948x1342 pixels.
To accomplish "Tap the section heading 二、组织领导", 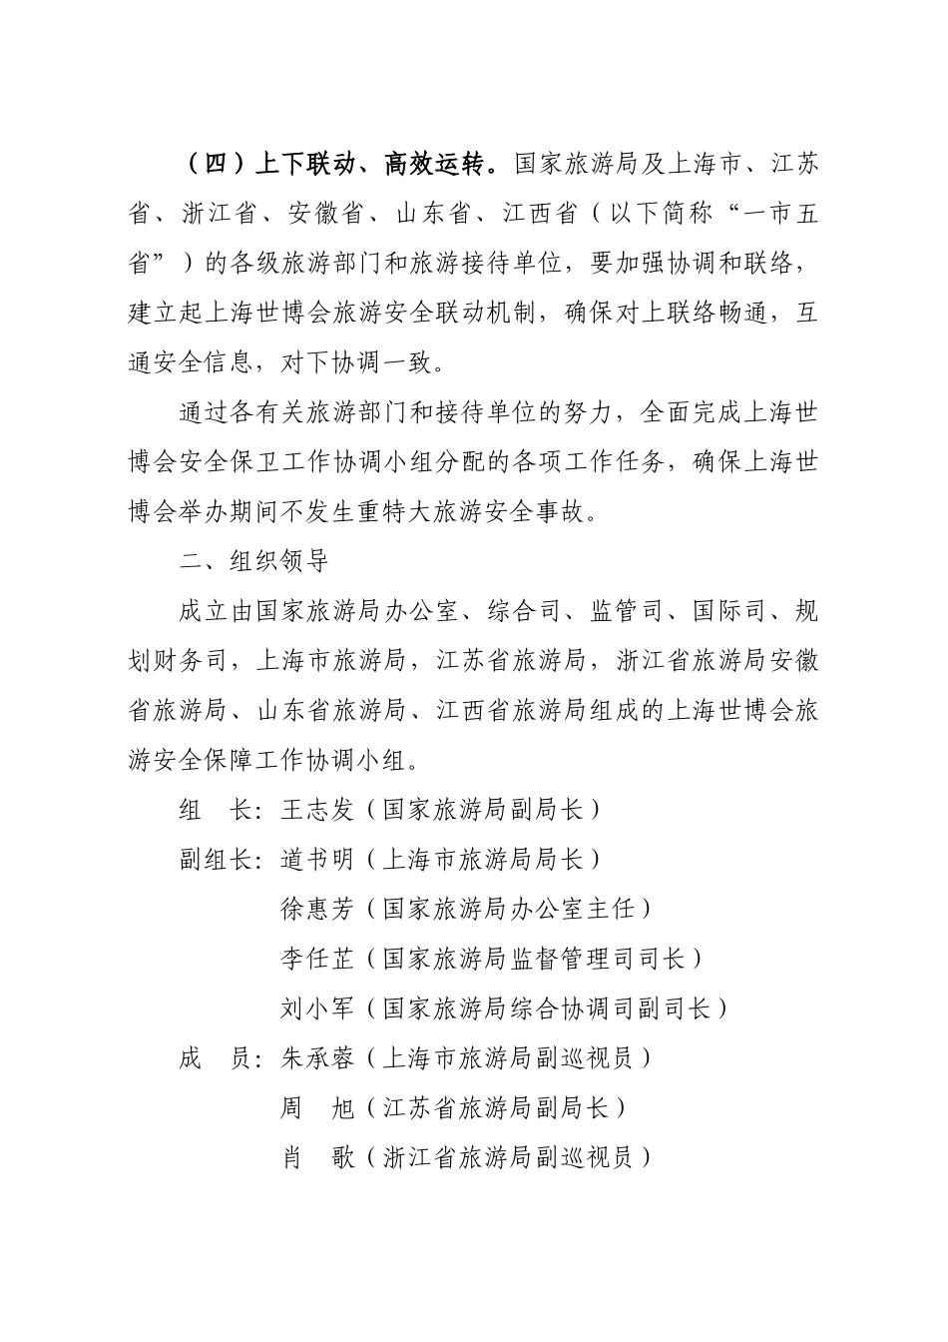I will pos(254,560).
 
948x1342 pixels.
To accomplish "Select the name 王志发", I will pos(318,810).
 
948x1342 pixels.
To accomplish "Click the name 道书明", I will pos(318,859).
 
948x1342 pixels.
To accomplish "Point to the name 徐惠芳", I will pos(318,909).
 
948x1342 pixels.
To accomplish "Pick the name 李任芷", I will pos(318,959).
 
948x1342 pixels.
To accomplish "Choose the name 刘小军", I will pos(318,1008).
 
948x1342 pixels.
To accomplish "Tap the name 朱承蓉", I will pos(318,1058).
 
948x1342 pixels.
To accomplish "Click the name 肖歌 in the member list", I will pos(318,1158).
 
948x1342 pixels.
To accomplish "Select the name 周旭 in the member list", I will pos(318,1108).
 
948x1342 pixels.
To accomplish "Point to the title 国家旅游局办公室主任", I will pos(508,909).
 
